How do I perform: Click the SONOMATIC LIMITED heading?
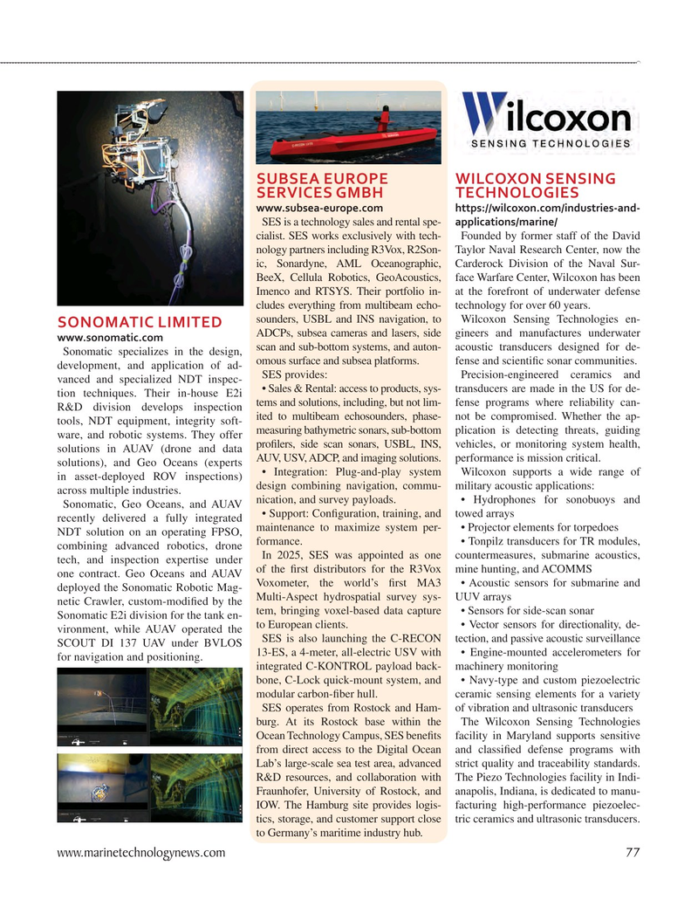(138, 322)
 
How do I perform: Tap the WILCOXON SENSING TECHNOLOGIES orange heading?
(536, 185)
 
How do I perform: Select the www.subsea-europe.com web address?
(318, 208)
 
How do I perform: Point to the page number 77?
(633, 852)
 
